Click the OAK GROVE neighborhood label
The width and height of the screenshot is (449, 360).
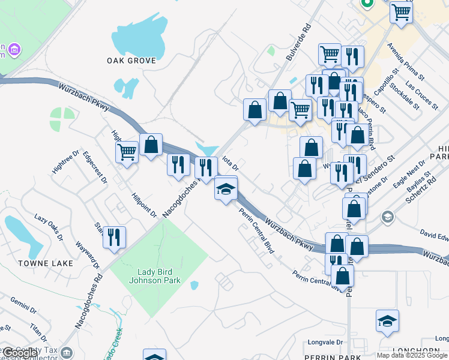[x=131, y=61]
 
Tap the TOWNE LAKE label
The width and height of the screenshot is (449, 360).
[x=46, y=263]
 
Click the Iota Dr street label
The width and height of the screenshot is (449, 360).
[x=231, y=163]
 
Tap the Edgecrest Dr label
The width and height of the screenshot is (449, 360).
[x=95, y=167]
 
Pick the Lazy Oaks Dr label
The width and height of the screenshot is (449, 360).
[x=49, y=227]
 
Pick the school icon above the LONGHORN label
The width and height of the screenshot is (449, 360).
[x=387, y=321]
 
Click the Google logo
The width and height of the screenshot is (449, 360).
[x=20, y=352]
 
